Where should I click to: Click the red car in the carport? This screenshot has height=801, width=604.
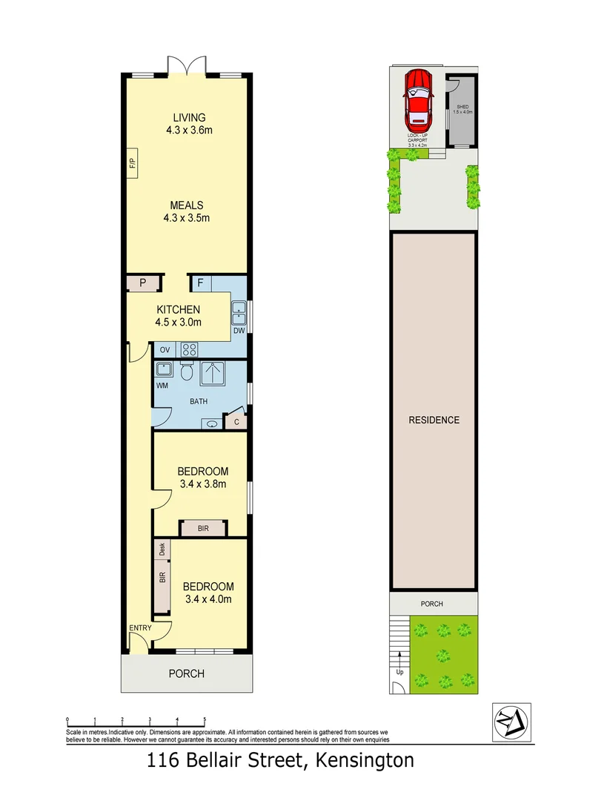418,99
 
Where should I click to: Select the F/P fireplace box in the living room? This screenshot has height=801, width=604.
132,163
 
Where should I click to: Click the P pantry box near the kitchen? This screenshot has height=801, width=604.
141,283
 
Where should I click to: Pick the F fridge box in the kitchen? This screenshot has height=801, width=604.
199,283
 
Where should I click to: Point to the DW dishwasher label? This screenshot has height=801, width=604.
239,331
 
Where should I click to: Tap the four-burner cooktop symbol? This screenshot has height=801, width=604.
188,349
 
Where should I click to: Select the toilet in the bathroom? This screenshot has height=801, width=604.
187,372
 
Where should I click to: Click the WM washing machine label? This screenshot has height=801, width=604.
162,386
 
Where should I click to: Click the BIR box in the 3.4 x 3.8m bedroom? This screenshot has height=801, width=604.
203,528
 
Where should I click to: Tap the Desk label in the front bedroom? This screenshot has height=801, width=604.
162,550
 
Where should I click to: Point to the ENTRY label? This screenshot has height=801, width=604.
140,628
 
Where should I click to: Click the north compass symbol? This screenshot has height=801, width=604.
511,721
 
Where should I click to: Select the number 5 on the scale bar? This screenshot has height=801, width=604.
205,719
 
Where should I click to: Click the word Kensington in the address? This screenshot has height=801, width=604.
365,760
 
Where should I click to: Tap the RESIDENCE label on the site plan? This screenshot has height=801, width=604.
434,420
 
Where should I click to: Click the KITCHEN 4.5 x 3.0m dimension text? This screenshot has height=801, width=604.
178,323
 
